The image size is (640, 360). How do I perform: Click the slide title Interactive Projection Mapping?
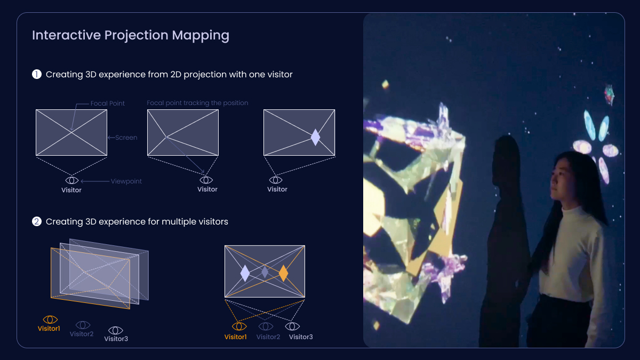click(x=131, y=35)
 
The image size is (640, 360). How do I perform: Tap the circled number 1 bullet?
click(x=37, y=74)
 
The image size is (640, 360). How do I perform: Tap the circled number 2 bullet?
click(x=37, y=221)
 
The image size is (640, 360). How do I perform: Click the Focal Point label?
click(x=107, y=103)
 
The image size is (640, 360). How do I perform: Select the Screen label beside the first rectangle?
click(x=126, y=138)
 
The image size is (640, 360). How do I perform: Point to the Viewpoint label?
click(x=126, y=181)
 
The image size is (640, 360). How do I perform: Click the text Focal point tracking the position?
click(x=197, y=103)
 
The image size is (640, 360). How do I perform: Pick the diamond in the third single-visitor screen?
click(x=315, y=137)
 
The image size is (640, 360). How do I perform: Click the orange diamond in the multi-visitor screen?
click(x=283, y=273)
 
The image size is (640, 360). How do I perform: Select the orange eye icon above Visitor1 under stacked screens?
click(x=50, y=319)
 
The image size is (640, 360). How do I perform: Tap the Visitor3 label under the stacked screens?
click(x=116, y=339)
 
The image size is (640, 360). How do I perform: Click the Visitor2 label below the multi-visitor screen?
click(x=268, y=337)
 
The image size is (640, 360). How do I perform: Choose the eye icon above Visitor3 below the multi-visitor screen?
click(x=292, y=326)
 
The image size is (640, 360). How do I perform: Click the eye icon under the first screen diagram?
click(x=71, y=181)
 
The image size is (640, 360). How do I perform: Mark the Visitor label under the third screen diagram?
click(x=277, y=189)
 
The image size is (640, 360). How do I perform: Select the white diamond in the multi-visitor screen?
click(x=245, y=273)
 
